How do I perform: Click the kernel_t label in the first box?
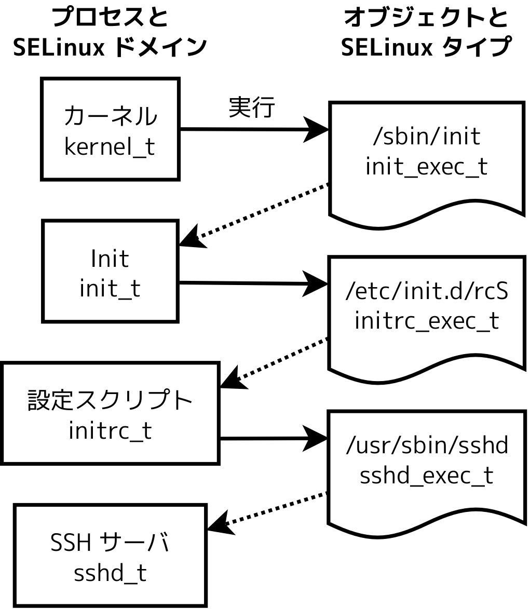click(x=110, y=147)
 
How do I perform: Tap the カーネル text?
click(x=110, y=116)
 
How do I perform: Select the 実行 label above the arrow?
click(x=251, y=107)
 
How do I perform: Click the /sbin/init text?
click(x=427, y=137)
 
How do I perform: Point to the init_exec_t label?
click(x=427, y=167)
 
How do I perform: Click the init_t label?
click(x=110, y=289)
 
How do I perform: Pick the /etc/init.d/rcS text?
click(x=427, y=291)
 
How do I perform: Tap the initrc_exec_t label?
click(x=427, y=321)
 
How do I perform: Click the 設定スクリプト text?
click(x=110, y=400)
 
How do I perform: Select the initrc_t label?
click(x=110, y=431)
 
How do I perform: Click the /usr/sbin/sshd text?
click(x=427, y=445)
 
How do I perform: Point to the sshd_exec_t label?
click(x=427, y=476)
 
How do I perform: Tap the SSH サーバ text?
click(x=110, y=543)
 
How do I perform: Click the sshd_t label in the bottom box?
click(x=110, y=574)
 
